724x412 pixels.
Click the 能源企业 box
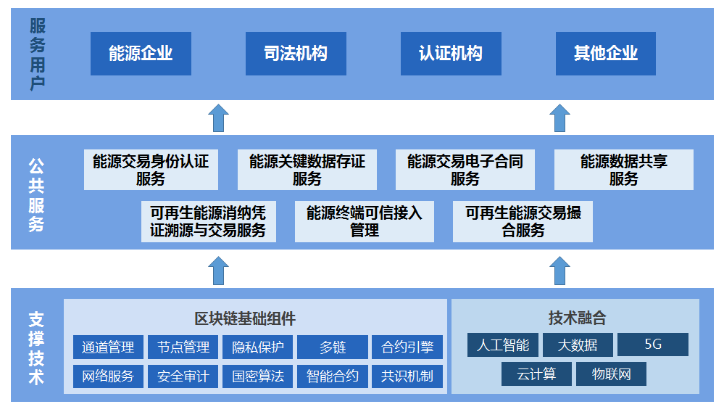141,53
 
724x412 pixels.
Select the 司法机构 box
296,53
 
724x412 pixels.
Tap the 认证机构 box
451,53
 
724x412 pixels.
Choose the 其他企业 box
606,53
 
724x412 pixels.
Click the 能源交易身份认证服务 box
151,170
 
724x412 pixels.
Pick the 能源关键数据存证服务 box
307,170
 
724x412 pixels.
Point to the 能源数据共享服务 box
623,170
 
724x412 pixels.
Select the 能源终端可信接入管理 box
365,221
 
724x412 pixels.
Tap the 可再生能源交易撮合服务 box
523,221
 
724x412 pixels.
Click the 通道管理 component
108,347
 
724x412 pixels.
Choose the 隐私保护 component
257,347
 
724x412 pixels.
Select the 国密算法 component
257,376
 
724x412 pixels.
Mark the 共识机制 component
407,376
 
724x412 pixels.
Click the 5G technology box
653,345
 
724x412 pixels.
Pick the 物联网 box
611,374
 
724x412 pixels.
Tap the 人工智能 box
502,345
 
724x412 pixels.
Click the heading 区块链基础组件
245,318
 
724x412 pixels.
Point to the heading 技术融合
577,318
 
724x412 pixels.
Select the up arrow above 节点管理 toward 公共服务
219,271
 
